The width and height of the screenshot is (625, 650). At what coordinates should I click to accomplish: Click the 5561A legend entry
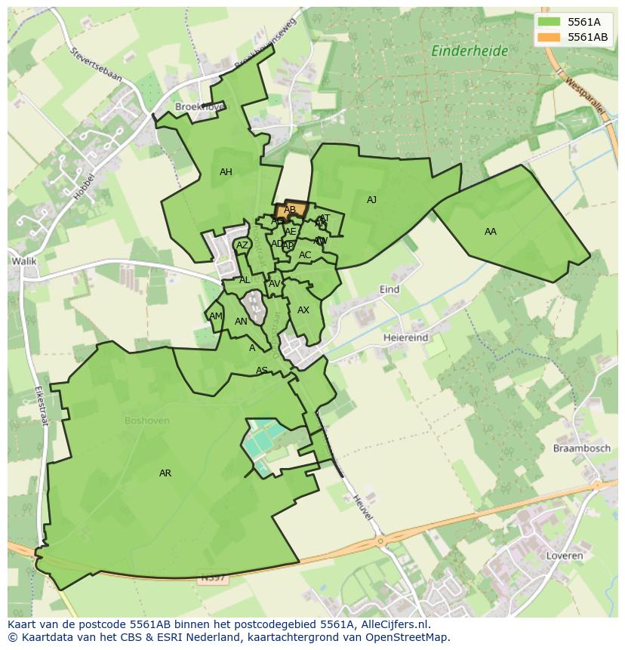[x=583, y=22]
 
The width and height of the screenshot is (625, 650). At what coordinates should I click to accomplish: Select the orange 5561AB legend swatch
[x=550, y=37]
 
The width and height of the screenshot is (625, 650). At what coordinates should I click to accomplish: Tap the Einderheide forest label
[x=469, y=51]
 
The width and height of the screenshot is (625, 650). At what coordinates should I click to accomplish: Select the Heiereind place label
[x=405, y=337]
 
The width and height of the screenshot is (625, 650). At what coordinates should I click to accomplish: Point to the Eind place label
[x=389, y=290]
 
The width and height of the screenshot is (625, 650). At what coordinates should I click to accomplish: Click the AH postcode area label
[x=226, y=172]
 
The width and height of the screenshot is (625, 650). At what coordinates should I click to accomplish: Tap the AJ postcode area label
[x=371, y=200]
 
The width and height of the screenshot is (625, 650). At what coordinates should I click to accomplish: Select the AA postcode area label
[x=491, y=232]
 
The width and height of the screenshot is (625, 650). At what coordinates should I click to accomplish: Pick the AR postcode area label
[x=165, y=473]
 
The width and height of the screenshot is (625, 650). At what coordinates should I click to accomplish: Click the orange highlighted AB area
[x=291, y=209]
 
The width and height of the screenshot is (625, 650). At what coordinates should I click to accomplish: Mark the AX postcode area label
[x=303, y=310]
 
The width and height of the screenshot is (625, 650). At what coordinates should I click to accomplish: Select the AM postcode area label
[x=216, y=316]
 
